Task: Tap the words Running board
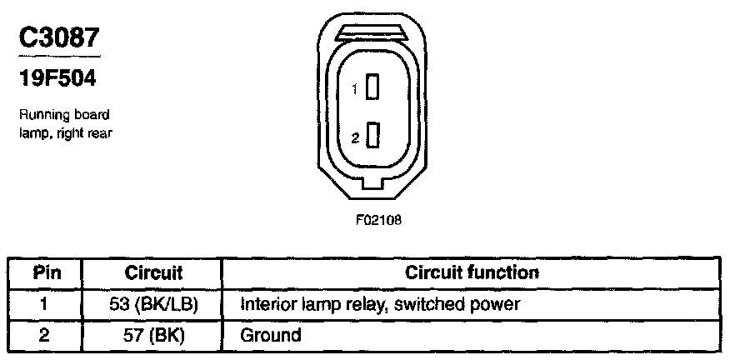63,115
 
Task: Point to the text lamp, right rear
65,132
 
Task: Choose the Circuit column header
153,272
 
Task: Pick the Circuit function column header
471,272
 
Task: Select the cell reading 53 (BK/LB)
153,304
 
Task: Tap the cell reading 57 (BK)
153,335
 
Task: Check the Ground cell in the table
270,335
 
